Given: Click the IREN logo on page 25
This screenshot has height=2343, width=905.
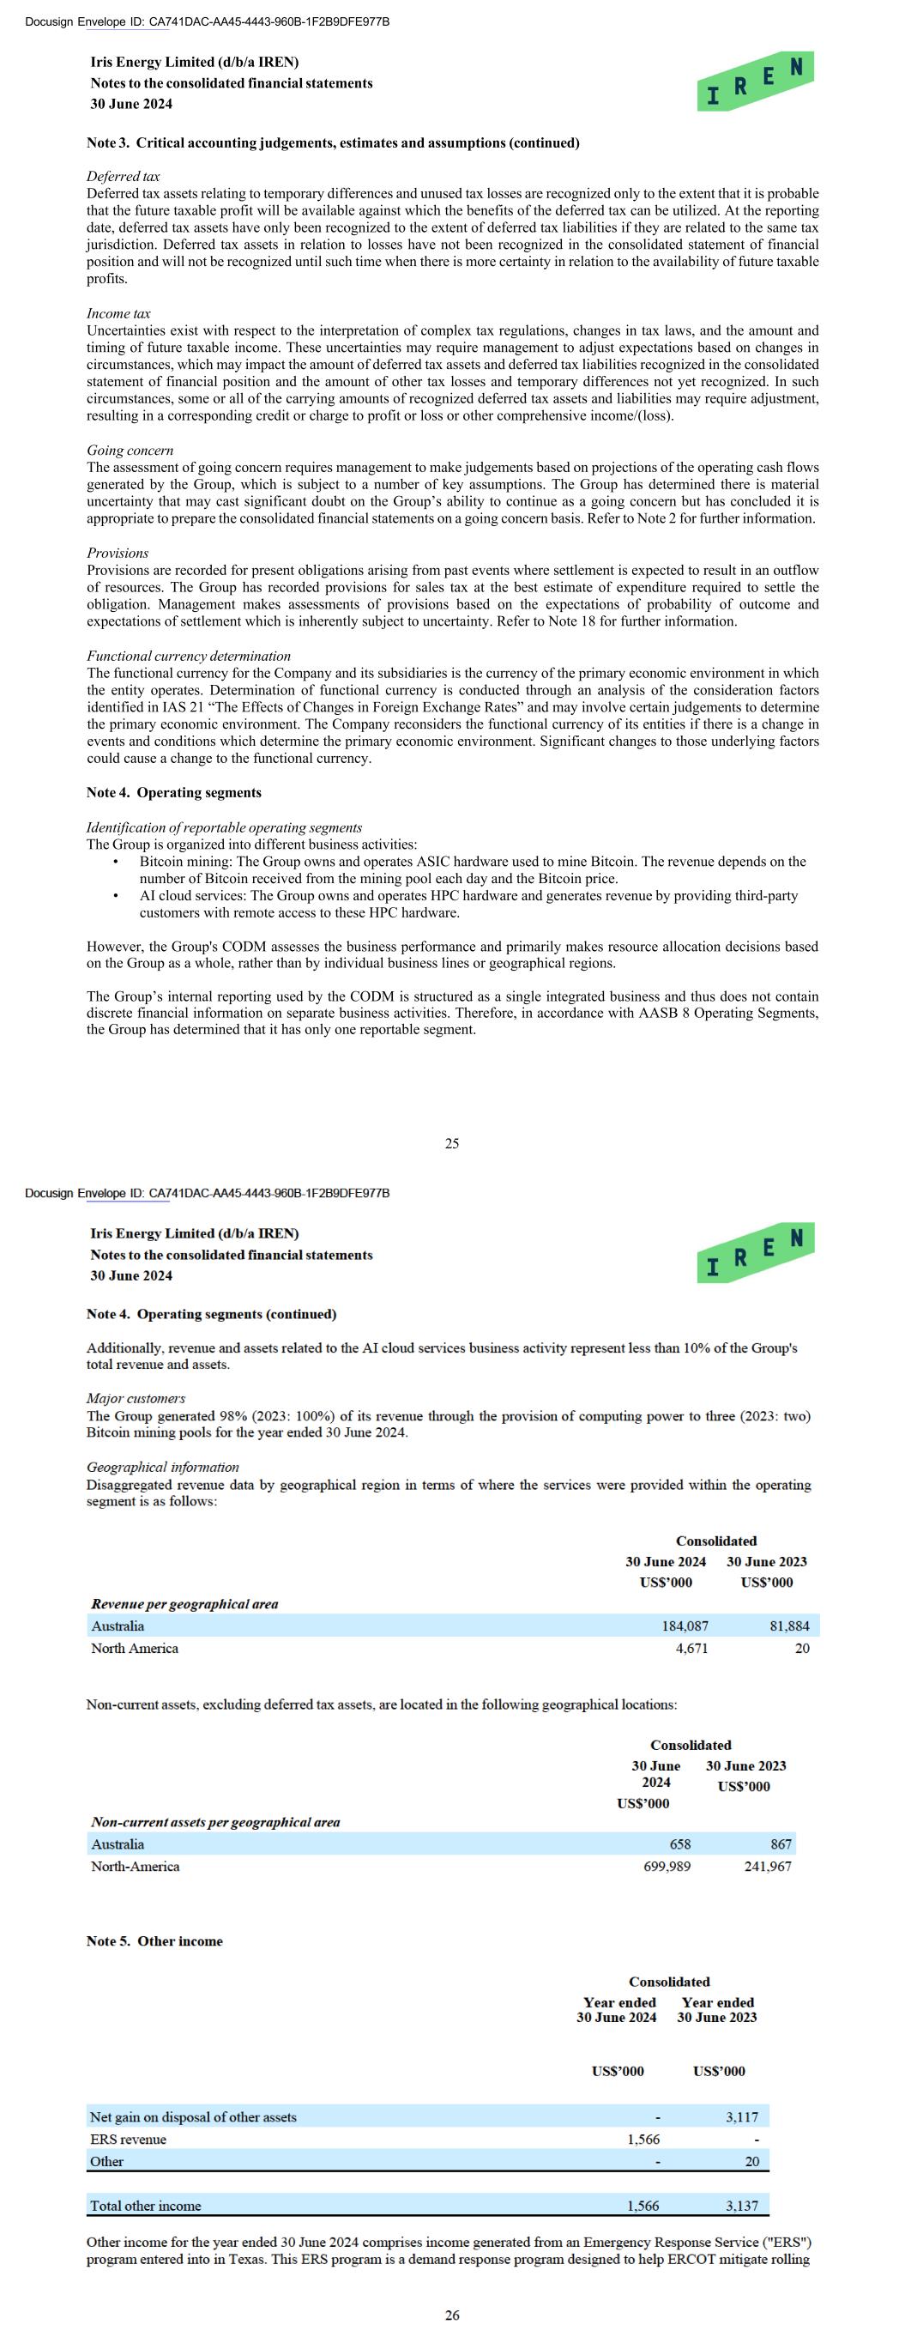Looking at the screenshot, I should [x=755, y=82].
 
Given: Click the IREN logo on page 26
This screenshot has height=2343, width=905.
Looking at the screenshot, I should [x=755, y=1254].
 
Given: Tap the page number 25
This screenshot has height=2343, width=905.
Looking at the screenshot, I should [x=452, y=1144].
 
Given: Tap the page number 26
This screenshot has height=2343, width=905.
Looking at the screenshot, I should [x=452, y=2316].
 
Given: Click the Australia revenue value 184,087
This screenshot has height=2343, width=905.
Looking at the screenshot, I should [x=685, y=1626].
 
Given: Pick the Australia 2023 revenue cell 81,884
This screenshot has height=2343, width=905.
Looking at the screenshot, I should [x=788, y=1626].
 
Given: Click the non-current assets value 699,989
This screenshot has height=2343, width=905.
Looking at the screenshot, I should [x=667, y=1867].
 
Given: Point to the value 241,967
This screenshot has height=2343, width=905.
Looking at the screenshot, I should [x=768, y=1867].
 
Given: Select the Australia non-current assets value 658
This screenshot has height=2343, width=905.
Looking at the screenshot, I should [x=679, y=1844].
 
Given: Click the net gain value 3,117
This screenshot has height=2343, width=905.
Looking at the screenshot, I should [x=741, y=2117].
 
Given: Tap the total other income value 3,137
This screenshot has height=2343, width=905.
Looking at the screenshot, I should [x=741, y=2206].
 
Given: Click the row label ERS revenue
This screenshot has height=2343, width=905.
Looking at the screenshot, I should [x=129, y=2140].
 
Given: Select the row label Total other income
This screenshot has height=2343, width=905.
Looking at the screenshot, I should [x=146, y=2206].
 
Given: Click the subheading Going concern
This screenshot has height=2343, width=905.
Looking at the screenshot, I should [x=130, y=451].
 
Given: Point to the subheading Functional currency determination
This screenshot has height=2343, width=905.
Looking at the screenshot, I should [x=188, y=656].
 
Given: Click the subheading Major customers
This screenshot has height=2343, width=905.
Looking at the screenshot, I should [x=136, y=1398].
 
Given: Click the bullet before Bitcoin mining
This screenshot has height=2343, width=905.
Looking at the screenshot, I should [x=115, y=862].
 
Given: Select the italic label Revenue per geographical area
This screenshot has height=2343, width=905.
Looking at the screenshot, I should [x=184, y=1603].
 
